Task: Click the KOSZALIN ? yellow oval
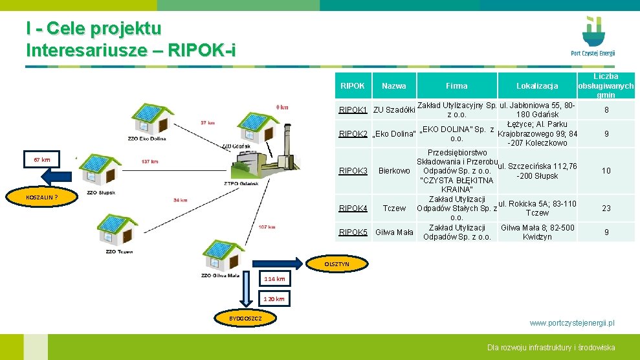(43, 197)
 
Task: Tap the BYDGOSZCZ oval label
(246, 319)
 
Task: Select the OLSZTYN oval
(337, 264)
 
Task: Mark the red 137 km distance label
(149, 161)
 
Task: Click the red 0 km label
(282, 107)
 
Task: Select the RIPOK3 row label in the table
(353, 171)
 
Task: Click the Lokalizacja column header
(537, 86)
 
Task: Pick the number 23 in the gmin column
(606, 208)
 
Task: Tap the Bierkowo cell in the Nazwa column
(394, 171)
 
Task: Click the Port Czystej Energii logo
(592, 37)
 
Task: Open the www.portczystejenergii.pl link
(572, 322)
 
